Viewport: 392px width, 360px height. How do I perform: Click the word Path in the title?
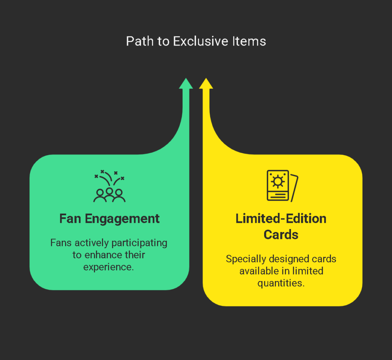(140, 41)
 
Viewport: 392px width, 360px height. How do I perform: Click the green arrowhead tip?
(186, 78)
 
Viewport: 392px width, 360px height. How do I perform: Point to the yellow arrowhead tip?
(206, 78)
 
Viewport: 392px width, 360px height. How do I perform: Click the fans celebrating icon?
(109, 186)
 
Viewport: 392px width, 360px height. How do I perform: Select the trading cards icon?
(283, 186)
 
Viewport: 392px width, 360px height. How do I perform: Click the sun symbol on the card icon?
(278, 182)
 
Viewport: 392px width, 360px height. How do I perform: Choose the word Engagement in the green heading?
(122, 219)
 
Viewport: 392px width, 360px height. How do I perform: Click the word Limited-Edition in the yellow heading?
(281, 219)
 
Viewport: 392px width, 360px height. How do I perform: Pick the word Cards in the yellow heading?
(281, 235)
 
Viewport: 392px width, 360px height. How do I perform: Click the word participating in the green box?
(139, 243)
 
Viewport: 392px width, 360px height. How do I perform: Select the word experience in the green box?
(108, 267)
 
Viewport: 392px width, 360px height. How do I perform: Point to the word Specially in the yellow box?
(246, 259)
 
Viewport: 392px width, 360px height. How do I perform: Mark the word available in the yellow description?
(259, 271)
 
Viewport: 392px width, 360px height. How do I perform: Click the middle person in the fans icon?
(109, 194)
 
